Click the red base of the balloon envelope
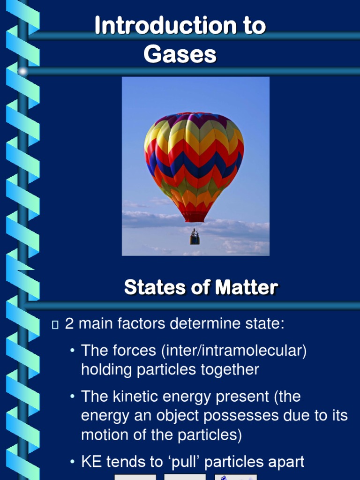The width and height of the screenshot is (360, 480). click(194, 216)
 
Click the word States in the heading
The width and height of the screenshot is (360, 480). click(150, 287)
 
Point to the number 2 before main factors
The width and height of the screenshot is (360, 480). click(69, 323)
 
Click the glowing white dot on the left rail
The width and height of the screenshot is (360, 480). click(22, 71)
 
